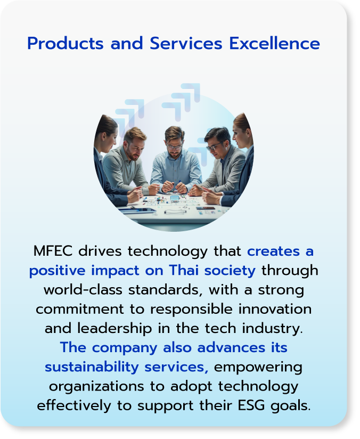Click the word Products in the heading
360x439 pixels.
[66, 43]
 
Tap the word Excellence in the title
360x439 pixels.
[274, 43]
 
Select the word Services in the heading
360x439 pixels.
[186, 43]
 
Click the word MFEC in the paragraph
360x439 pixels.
[53, 251]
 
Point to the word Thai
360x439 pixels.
[184, 271]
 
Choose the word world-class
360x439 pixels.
[83, 290]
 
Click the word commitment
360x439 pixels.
[79, 309]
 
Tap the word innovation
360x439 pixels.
[275, 309]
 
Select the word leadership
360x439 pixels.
[114, 329]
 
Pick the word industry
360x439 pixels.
[272, 329]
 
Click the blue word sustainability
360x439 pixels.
[92, 367]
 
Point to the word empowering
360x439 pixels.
[258, 368]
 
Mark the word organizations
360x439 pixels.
[96, 387]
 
